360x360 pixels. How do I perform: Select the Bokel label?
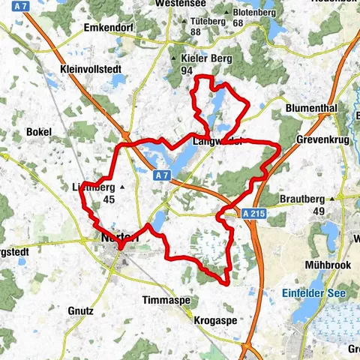point(38,132)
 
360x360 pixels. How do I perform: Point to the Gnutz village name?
point(79,310)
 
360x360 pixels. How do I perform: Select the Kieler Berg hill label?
point(207,58)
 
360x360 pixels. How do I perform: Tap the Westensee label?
point(180,4)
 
